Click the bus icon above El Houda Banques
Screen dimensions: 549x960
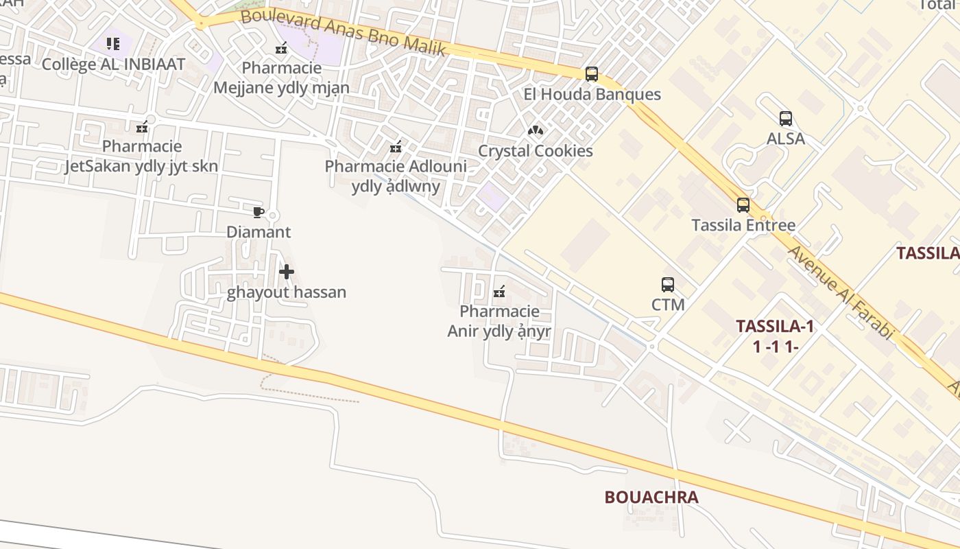coord(592,74)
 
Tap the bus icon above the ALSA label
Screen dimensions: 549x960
coord(786,119)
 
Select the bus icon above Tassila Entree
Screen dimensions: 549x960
coord(743,205)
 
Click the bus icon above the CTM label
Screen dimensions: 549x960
coord(668,284)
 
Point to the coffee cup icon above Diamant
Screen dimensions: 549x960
coord(259,212)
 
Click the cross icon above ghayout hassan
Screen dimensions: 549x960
coord(287,272)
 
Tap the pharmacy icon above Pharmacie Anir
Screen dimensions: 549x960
coord(499,292)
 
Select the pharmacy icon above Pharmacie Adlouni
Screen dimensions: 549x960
coord(396,147)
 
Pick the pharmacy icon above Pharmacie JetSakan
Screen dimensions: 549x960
coord(142,127)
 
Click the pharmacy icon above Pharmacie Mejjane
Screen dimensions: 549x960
coord(281,49)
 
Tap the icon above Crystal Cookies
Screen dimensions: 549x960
coord(536,130)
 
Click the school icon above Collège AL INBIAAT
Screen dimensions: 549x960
coord(113,45)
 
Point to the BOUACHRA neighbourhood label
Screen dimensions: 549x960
coord(651,498)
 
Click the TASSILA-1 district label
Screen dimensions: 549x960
coord(775,327)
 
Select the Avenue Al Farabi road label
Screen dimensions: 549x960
coord(841,292)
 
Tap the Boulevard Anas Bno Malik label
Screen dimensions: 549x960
coord(344,32)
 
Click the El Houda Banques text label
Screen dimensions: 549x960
coord(592,94)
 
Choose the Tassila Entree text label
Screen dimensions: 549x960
coord(743,225)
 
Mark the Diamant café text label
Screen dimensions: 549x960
coord(259,232)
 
